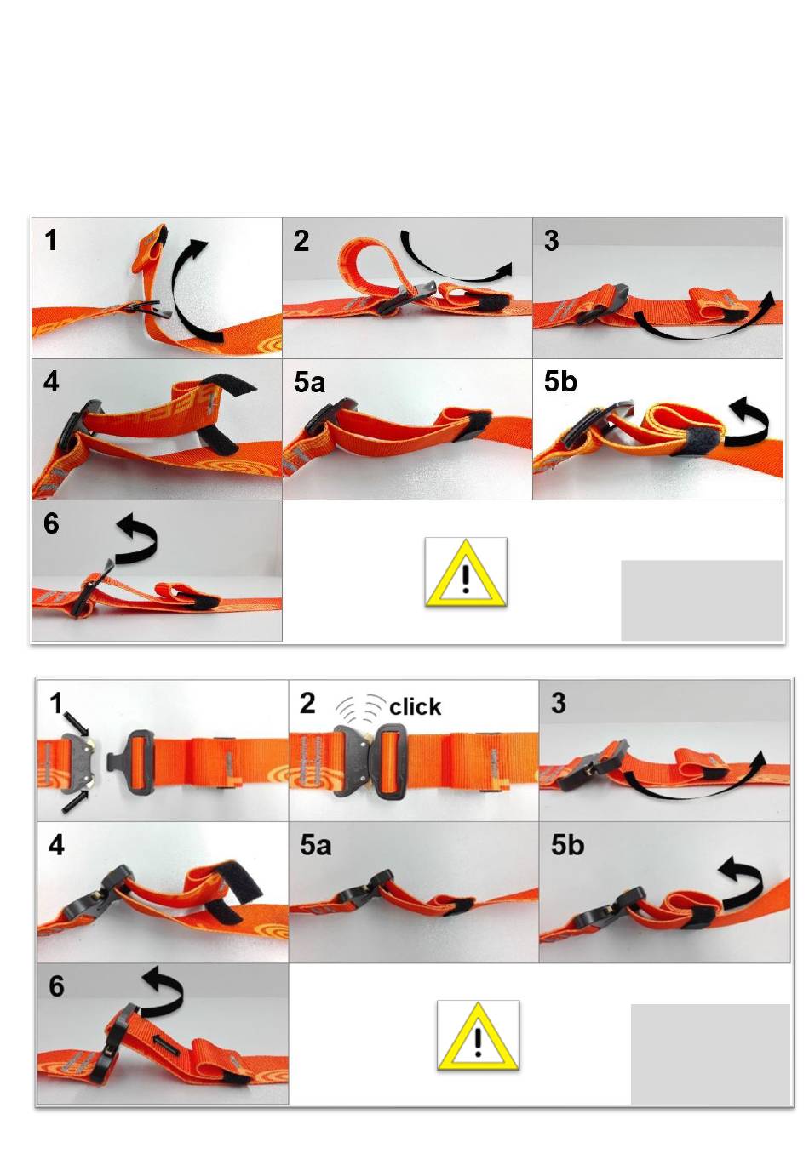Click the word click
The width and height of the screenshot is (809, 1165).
[415, 707]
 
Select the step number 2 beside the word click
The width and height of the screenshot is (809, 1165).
[307, 703]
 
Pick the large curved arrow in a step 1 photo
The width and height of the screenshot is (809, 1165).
[192, 291]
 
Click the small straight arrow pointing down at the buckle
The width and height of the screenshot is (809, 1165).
[77, 723]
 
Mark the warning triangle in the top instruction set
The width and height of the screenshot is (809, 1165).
[466, 573]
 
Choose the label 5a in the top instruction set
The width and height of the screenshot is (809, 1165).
[309, 382]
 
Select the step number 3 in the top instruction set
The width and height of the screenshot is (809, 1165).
[551, 241]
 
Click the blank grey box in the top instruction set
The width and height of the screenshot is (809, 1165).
[702, 600]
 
